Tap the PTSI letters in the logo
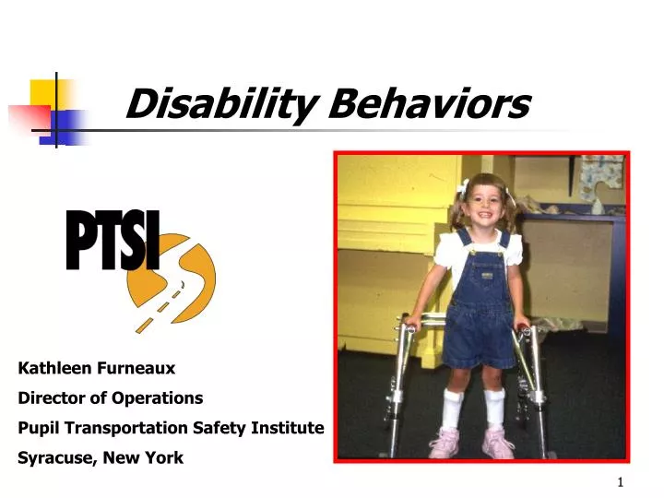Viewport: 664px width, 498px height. pos(113,242)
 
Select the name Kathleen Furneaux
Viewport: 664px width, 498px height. pos(97,368)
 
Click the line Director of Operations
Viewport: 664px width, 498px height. pos(111,397)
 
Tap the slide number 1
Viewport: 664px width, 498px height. pos(621,482)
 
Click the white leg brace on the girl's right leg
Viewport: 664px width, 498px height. pos(452,407)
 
